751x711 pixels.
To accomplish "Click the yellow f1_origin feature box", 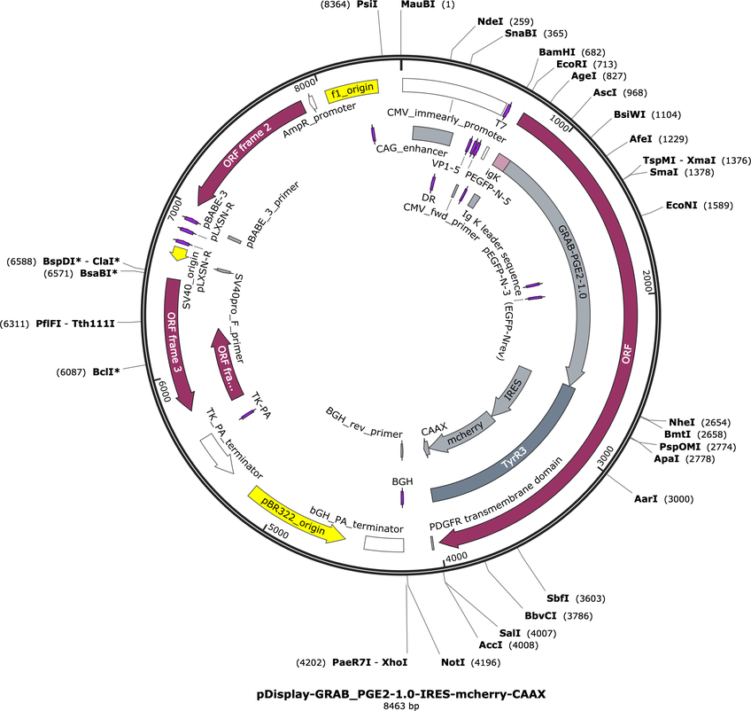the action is coord(352,90).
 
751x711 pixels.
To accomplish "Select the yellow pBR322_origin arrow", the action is coord(297,514).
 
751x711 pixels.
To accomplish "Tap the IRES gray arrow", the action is coord(513,390).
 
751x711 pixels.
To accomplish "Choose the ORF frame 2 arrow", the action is coord(249,149).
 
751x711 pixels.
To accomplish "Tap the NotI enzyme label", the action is coord(453,662).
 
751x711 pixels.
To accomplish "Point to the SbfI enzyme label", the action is coord(558,598).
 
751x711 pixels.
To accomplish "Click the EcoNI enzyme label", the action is coord(682,205).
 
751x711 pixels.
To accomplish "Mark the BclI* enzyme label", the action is coord(106,371).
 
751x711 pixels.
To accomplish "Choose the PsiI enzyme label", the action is coord(368,4).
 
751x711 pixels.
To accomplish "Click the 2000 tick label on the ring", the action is coord(648,281).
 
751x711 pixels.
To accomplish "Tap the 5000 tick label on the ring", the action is coord(278,531).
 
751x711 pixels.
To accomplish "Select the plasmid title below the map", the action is coord(401,694).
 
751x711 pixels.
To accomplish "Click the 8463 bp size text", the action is coord(401,706).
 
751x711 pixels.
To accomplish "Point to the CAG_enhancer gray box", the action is coord(432,136).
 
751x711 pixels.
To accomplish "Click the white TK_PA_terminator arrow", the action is coord(216,453).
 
